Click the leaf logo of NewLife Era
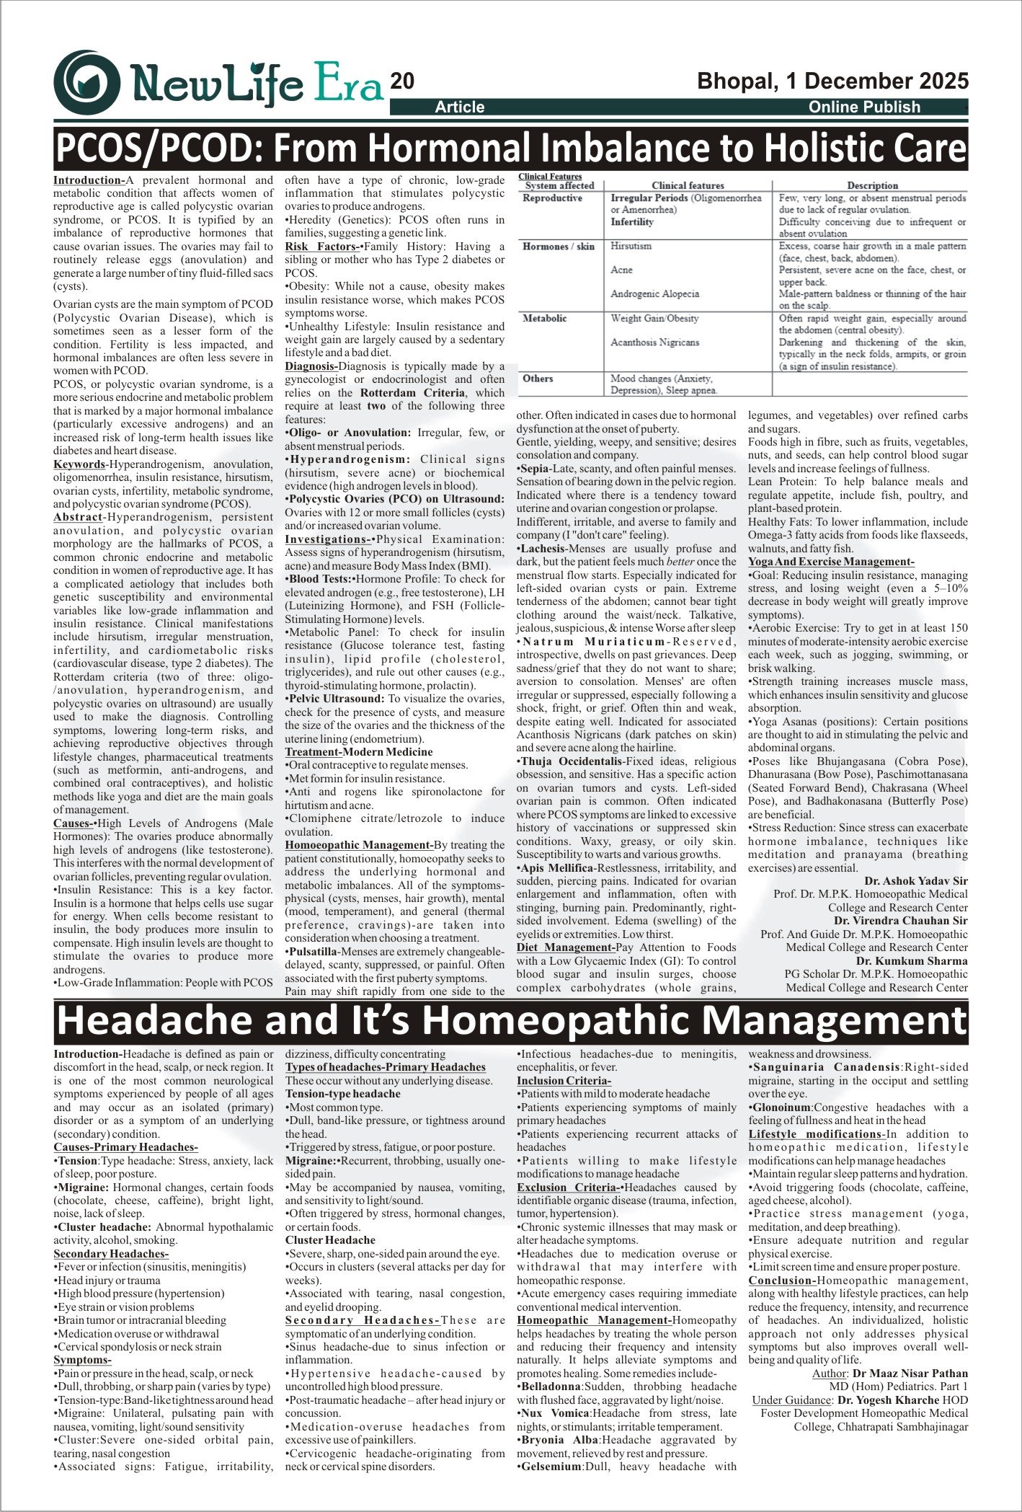(86, 81)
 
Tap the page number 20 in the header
(402, 81)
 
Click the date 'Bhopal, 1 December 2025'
(832, 81)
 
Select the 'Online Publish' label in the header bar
(864, 107)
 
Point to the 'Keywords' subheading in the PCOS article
(79, 464)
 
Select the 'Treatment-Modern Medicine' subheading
(359, 752)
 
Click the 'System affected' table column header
(559, 185)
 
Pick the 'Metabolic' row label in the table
(544, 318)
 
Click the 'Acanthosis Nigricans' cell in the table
(654, 342)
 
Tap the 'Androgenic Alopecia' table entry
(654, 294)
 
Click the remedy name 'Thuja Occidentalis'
(572, 761)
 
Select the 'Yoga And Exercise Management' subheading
(830, 562)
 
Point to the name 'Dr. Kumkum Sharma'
(912, 961)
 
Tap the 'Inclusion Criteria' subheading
(564, 1081)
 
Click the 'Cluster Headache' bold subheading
(330, 1240)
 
